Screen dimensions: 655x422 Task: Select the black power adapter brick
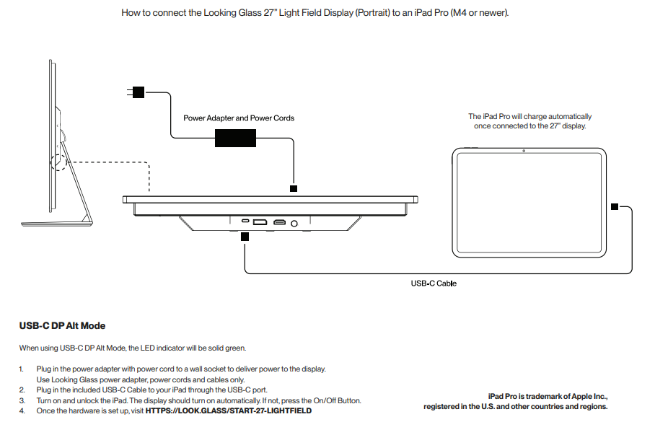[235, 138]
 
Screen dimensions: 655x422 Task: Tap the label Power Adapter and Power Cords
[239, 118]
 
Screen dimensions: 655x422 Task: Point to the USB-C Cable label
[434, 283]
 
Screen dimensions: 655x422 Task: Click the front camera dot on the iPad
[524, 151]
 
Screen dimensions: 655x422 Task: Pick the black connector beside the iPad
[615, 206]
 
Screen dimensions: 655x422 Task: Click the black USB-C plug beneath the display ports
[245, 237]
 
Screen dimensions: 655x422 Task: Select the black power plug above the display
[294, 189]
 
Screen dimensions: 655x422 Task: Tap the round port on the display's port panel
[294, 224]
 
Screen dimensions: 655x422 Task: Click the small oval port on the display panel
[245, 221]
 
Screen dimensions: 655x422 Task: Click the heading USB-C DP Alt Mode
[62, 326]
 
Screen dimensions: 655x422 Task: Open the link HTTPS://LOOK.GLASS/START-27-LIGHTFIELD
[229, 410]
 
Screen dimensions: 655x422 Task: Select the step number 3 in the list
[22, 400]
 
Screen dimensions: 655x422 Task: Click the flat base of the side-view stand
[57, 224]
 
